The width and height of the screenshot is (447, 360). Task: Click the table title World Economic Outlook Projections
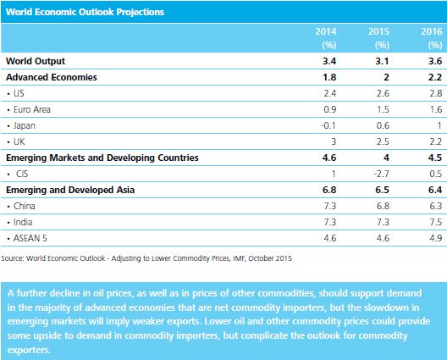(x=85, y=12)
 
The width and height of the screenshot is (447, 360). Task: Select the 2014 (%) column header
(x=326, y=38)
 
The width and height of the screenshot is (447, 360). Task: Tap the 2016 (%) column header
(x=432, y=38)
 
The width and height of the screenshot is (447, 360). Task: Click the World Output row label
(x=36, y=61)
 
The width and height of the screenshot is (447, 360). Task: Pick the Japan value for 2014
(x=328, y=125)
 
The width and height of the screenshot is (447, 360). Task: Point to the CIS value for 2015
(x=382, y=174)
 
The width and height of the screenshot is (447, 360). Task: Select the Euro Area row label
(x=32, y=109)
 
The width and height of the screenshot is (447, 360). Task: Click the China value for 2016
(x=436, y=206)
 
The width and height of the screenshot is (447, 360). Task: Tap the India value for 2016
(x=436, y=222)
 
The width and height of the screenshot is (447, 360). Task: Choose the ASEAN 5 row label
(x=30, y=238)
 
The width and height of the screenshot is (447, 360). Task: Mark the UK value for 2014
(x=334, y=141)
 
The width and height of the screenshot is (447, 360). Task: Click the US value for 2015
(x=383, y=93)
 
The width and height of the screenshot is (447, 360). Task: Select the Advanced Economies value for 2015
(x=386, y=77)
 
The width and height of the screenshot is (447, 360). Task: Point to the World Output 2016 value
(x=435, y=61)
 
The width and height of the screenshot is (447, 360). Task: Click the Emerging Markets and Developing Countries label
(x=102, y=158)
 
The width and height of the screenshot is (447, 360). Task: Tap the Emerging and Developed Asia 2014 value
(x=329, y=190)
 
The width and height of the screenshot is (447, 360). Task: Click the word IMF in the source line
(x=239, y=258)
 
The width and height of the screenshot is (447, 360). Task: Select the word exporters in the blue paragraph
(x=29, y=350)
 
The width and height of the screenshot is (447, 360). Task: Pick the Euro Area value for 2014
(x=330, y=109)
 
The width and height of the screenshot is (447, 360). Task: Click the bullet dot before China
(x=8, y=206)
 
